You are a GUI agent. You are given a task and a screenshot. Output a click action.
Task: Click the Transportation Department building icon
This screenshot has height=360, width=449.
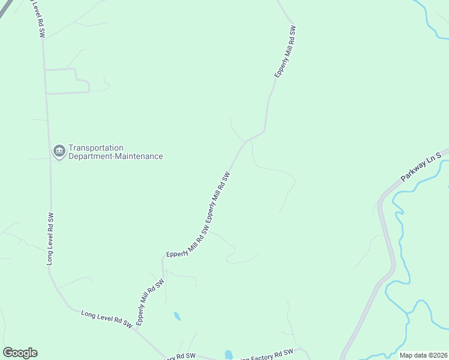pyautogui.click(x=59, y=151)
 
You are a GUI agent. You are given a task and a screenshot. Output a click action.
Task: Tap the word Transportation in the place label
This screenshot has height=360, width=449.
pyautogui.click(x=96, y=148)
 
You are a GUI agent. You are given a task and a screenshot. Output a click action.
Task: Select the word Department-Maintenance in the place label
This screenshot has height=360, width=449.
pyautogui.click(x=115, y=157)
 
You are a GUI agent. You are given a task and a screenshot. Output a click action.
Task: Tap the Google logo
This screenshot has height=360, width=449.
pyautogui.click(x=20, y=353)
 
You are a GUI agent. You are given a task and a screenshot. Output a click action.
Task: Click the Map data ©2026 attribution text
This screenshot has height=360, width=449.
pyautogui.click(x=423, y=355)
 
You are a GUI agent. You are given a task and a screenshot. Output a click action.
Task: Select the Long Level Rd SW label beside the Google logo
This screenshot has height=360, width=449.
pyautogui.click(x=106, y=319)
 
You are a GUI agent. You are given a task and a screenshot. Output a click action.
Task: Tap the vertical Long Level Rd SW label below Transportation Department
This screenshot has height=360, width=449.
pyautogui.click(x=50, y=238)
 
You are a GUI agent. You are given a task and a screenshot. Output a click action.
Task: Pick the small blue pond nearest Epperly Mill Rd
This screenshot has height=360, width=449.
pyautogui.click(x=176, y=316)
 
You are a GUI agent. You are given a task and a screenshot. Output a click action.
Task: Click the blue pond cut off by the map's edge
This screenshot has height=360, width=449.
pyautogui.click(x=228, y=355)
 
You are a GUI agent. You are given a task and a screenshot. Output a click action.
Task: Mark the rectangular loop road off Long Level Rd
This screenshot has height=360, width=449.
pyautogui.click(x=67, y=81)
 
